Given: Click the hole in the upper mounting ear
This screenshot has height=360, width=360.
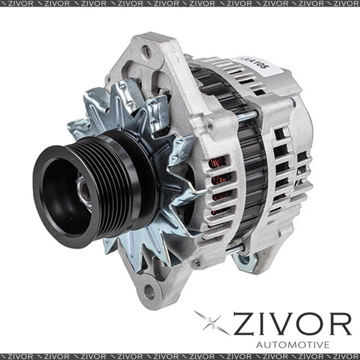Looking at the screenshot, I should [x=146, y=51].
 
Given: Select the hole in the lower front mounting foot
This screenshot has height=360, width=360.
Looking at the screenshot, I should [x=148, y=292].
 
